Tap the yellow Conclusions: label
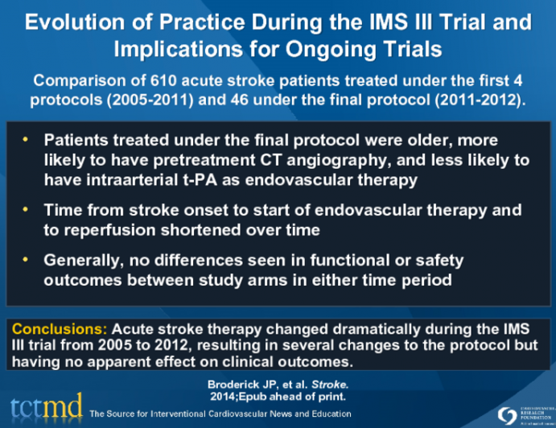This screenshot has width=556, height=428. pyautogui.click(x=60, y=329)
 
